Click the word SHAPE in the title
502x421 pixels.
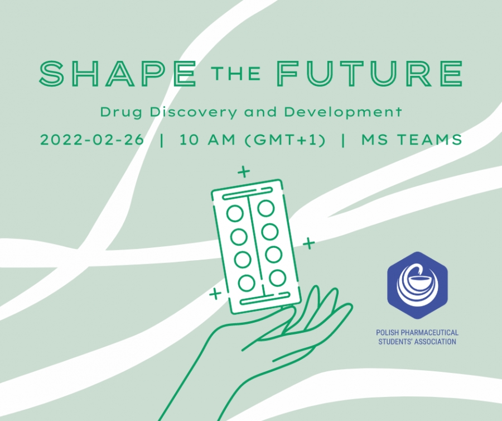117,74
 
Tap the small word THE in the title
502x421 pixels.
236,74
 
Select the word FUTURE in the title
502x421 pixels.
370,74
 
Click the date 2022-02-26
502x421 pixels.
92,140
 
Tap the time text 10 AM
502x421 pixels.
207,140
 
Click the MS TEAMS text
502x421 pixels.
412,140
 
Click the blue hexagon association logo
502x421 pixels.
417,285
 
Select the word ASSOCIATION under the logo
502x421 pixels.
435,342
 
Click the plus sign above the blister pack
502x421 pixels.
244,172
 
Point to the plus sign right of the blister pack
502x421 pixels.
309,243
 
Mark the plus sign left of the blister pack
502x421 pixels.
215,293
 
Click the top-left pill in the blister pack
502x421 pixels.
235,214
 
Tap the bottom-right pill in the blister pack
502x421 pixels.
277,278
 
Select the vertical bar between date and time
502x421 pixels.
161,140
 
